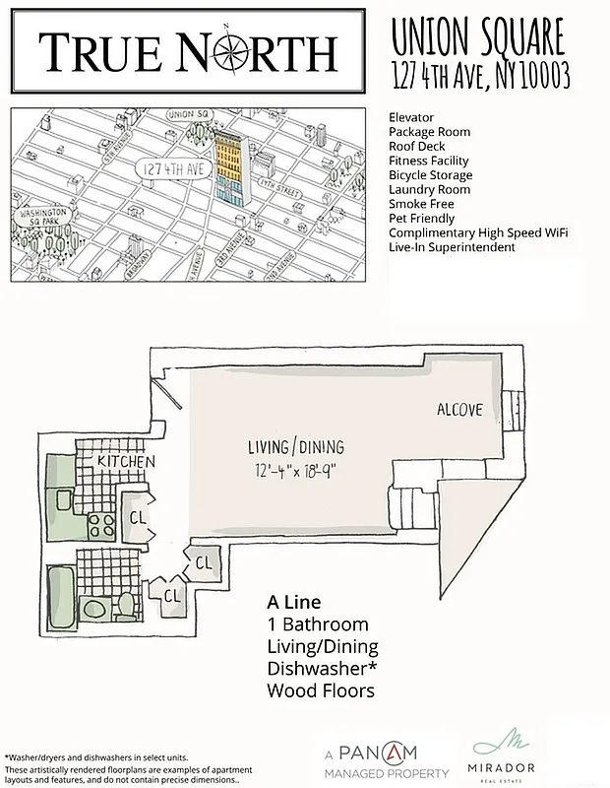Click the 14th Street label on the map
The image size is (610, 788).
274,184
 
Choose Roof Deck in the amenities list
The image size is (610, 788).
416,146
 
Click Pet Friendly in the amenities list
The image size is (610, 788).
422,219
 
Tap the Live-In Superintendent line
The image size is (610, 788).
452,247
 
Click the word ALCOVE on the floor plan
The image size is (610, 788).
460,409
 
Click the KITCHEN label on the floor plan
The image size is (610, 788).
125,461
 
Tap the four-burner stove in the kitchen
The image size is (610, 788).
101,522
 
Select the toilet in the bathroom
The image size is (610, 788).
126,602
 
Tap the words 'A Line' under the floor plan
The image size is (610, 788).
294,602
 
